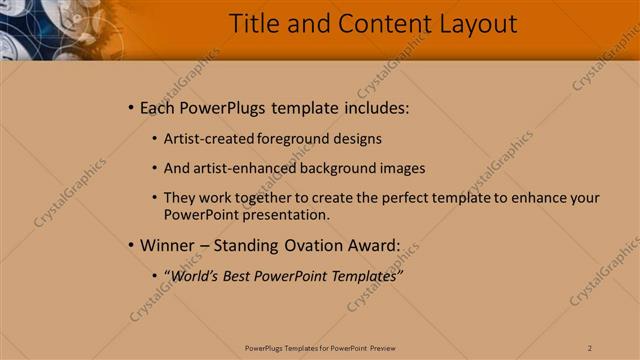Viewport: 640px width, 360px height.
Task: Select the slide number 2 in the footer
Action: click(590, 348)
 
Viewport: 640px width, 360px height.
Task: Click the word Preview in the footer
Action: click(382, 348)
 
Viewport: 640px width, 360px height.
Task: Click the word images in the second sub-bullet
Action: click(404, 168)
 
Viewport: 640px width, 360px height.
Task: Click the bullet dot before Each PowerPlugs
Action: click(131, 108)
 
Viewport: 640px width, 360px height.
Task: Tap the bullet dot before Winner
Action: click(131, 245)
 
